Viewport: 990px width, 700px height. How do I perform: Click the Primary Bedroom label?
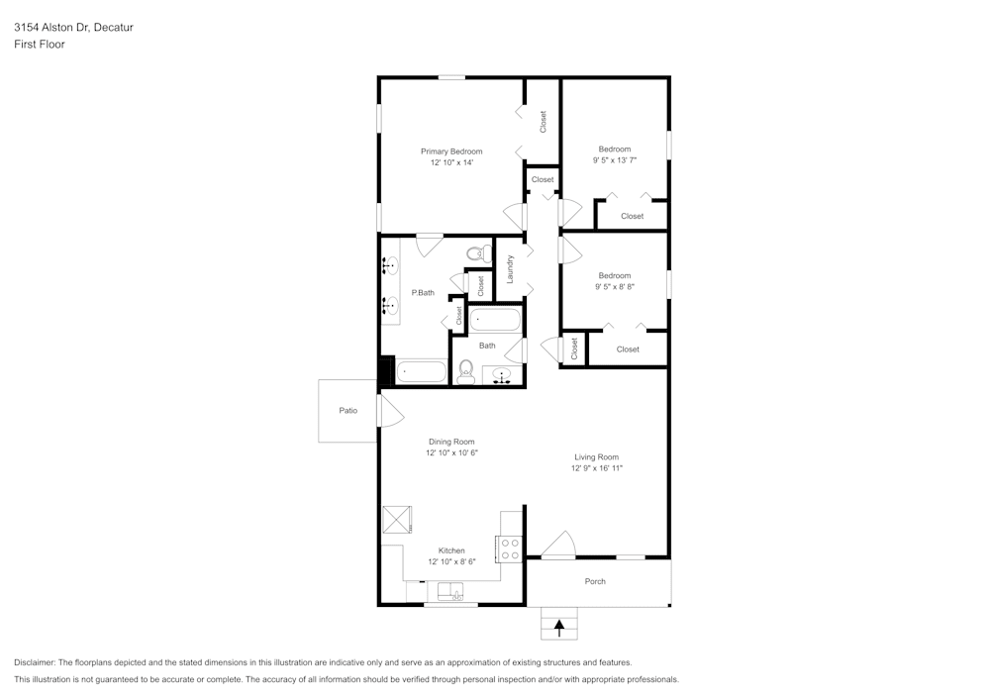(x=451, y=151)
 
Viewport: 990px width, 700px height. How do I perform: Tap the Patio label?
(x=347, y=410)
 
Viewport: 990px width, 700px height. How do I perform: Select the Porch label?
(x=595, y=581)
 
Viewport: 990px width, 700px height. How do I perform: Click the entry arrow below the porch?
(x=559, y=628)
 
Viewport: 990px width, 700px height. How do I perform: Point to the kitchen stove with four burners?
(x=510, y=550)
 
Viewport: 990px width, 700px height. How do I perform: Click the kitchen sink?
(x=450, y=591)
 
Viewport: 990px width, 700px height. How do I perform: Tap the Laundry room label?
(x=510, y=268)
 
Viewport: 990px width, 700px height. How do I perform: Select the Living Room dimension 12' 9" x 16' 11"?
(x=597, y=468)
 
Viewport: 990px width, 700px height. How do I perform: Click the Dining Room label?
(x=451, y=442)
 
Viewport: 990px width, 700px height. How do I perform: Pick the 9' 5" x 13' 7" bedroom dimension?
(x=615, y=160)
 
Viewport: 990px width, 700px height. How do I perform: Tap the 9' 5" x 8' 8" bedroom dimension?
(x=615, y=286)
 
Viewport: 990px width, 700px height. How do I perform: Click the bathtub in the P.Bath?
(x=421, y=371)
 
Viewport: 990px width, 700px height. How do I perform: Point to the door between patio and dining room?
(x=390, y=410)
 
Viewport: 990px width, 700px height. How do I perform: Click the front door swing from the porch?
(x=558, y=546)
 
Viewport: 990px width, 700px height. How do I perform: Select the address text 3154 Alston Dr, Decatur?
(x=74, y=27)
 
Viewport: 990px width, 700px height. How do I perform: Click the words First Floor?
(x=40, y=45)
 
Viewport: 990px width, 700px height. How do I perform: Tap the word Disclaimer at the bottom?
(x=34, y=662)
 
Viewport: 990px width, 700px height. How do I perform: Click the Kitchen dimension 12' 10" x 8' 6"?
(x=451, y=561)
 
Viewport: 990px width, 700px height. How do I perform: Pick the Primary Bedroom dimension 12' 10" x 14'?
(x=451, y=162)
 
